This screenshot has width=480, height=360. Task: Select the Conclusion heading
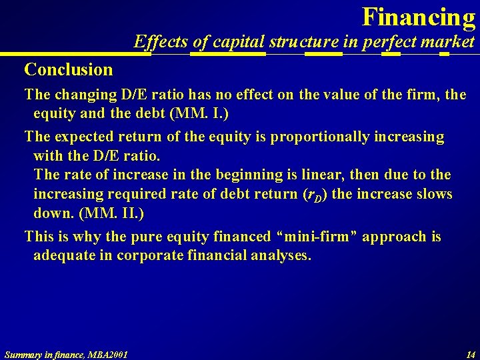69,69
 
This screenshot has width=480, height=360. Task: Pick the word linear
313,175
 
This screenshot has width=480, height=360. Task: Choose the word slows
433,194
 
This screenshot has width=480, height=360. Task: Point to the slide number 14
470,353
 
